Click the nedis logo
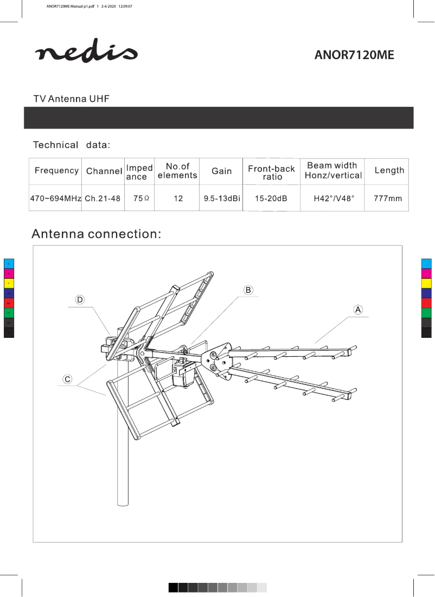tap(86, 53)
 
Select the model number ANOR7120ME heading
tap(354, 55)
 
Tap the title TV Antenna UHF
tap(72, 99)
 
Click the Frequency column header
tap(56, 171)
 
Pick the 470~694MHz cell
tap(55, 198)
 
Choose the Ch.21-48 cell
tap(103, 198)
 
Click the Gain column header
tap(222, 171)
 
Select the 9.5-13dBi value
tap(222, 198)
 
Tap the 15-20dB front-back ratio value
tap(271, 198)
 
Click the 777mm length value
tap(388, 198)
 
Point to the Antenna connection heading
tap(97, 234)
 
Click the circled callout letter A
tap(358, 310)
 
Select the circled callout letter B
tap(248, 290)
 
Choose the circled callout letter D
tap(80, 299)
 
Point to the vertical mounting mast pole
tap(124, 461)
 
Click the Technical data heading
tap(72, 145)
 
